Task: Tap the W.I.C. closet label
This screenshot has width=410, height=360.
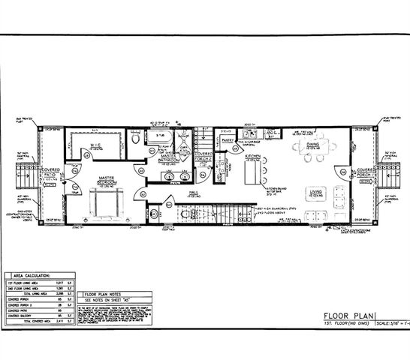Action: coord(96,145)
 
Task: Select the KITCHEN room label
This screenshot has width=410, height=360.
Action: coord(253,156)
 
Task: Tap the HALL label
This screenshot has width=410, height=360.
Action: coord(193,192)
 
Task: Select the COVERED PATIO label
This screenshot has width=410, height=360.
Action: coord(51,172)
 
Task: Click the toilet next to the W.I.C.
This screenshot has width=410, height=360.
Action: coord(134,139)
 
